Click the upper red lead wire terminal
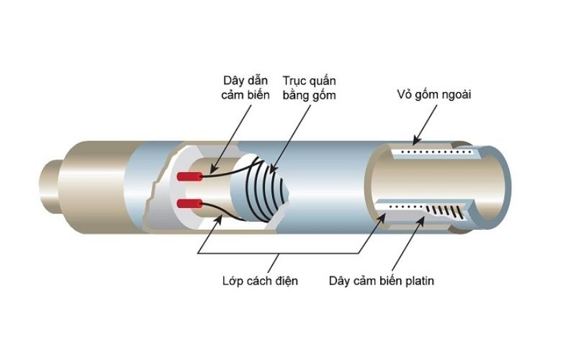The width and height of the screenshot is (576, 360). click(189, 176)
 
